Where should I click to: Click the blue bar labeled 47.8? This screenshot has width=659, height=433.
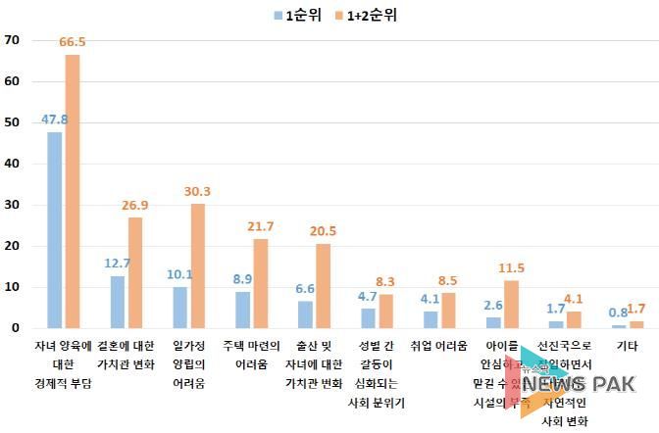click(54, 230)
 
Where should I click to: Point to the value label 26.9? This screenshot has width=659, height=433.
click(135, 207)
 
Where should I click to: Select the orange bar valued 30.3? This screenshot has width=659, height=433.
click(197, 265)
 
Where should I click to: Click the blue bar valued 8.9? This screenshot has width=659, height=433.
click(242, 310)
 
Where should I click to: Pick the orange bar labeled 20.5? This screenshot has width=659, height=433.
click(323, 285)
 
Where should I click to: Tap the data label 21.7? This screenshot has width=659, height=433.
click(261, 227)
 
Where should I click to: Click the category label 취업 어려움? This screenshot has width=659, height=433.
click(439, 346)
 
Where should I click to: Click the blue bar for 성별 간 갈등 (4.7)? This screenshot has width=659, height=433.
click(368, 318)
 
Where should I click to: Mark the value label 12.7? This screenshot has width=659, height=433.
click(117, 265)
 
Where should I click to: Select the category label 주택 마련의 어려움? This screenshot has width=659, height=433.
click(251, 354)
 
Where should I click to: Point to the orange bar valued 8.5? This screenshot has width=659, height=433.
click(448, 311)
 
